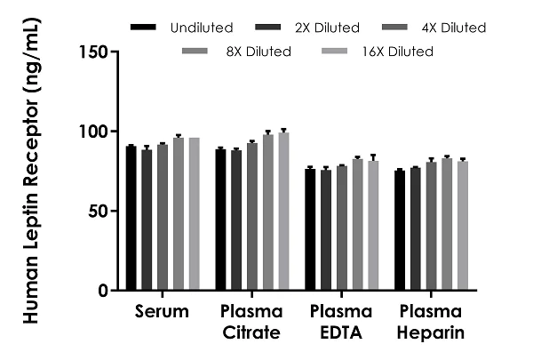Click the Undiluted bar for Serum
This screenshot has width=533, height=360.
[x=131, y=218]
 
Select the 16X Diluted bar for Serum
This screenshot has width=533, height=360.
[x=194, y=214]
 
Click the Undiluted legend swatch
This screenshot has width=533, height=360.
[x=142, y=28]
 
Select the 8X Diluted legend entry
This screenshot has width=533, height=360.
[x=259, y=52]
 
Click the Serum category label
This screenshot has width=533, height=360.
[x=163, y=312]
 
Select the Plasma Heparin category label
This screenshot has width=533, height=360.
[x=429, y=324]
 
